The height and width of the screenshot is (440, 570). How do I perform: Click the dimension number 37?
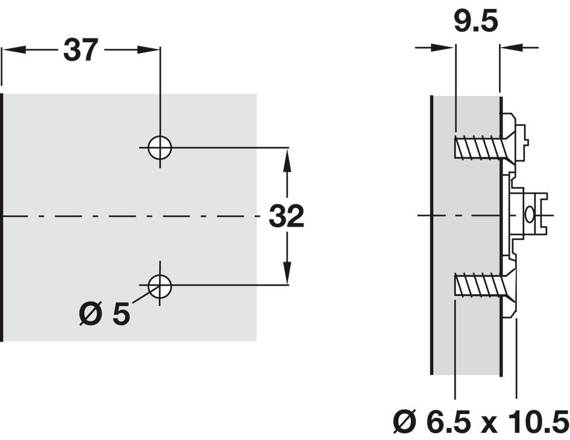pos(81,50)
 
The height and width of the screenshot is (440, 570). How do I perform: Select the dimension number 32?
pos(286,216)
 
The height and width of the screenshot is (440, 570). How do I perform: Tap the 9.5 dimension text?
pos(476,22)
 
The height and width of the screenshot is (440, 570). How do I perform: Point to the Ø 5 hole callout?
pos(105,314)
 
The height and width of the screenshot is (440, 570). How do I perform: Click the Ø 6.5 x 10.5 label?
pos(481,422)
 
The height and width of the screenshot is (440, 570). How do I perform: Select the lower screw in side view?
pos(479,284)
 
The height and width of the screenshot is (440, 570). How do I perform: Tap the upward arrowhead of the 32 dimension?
pos(287,159)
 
